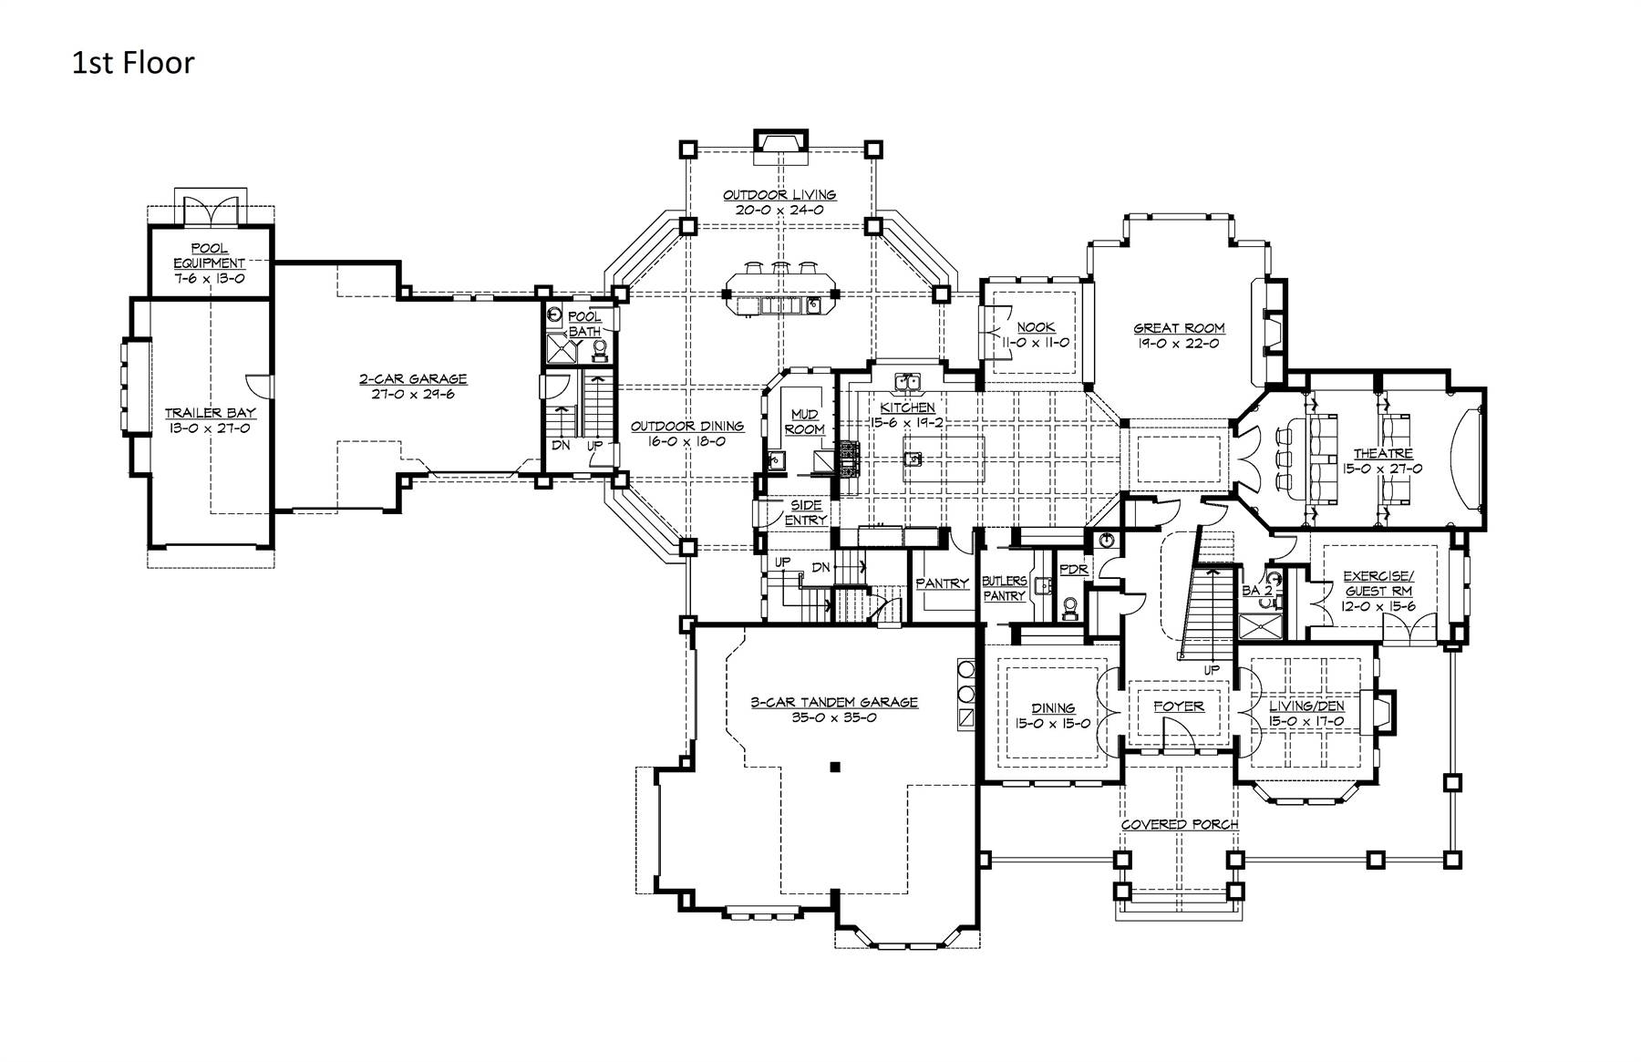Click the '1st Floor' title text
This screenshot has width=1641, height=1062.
(x=133, y=63)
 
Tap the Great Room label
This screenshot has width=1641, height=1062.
(x=1179, y=328)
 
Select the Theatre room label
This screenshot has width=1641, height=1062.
(x=1382, y=453)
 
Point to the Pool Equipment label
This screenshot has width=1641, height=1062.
(x=210, y=256)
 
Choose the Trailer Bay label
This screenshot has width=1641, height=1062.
(x=210, y=413)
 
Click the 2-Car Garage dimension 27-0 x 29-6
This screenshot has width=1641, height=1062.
(x=413, y=394)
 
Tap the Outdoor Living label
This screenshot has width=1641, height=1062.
(x=779, y=195)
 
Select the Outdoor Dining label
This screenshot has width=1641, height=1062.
(x=687, y=426)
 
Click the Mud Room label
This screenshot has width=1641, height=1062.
(x=804, y=422)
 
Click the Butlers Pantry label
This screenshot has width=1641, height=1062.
(x=1004, y=588)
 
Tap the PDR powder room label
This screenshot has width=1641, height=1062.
(x=1074, y=570)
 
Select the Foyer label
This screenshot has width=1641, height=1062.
(x=1178, y=706)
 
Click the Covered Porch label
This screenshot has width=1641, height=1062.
(x=1179, y=824)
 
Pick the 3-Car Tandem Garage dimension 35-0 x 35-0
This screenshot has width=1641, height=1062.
(x=833, y=717)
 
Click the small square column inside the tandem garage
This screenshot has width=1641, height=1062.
(x=834, y=768)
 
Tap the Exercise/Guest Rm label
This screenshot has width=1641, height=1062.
(x=1378, y=583)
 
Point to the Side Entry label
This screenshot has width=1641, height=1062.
(x=806, y=512)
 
